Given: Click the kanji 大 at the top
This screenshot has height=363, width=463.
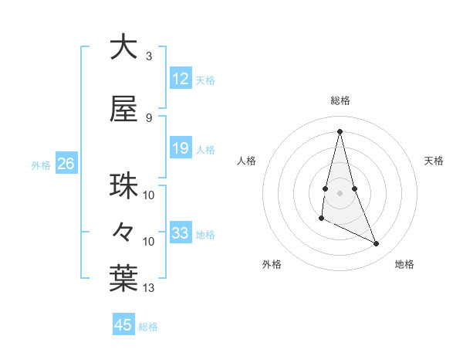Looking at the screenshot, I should [x=123, y=47].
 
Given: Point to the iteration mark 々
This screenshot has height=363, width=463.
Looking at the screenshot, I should [x=123, y=231].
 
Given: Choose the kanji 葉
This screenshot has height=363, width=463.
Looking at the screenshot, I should [x=123, y=279].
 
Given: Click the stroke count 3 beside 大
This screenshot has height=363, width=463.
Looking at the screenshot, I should [x=149, y=56].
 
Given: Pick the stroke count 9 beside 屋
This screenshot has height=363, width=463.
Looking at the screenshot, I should [x=149, y=118].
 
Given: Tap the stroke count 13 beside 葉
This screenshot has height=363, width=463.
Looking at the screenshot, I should [x=149, y=288].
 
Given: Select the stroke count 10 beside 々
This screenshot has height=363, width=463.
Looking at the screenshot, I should [x=149, y=242].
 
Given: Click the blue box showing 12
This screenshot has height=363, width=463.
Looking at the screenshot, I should [x=181, y=78].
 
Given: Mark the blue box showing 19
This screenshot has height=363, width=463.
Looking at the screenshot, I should [x=181, y=148].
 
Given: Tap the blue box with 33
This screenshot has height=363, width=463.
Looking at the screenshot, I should [x=181, y=233].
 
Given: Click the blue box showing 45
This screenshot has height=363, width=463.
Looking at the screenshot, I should [x=123, y=325].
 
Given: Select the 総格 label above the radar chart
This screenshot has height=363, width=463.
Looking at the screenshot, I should [x=340, y=100].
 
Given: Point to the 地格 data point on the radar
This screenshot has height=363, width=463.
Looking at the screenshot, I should [x=377, y=244].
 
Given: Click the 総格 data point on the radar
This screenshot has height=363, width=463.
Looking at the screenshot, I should [x=340, y=131].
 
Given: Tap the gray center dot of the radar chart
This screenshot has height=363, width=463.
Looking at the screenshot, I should [x=340, y=192].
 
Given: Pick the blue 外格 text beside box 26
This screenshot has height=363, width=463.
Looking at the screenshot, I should [x=41, y=165].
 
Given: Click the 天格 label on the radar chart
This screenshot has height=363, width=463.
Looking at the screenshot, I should [x=434, y=161].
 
